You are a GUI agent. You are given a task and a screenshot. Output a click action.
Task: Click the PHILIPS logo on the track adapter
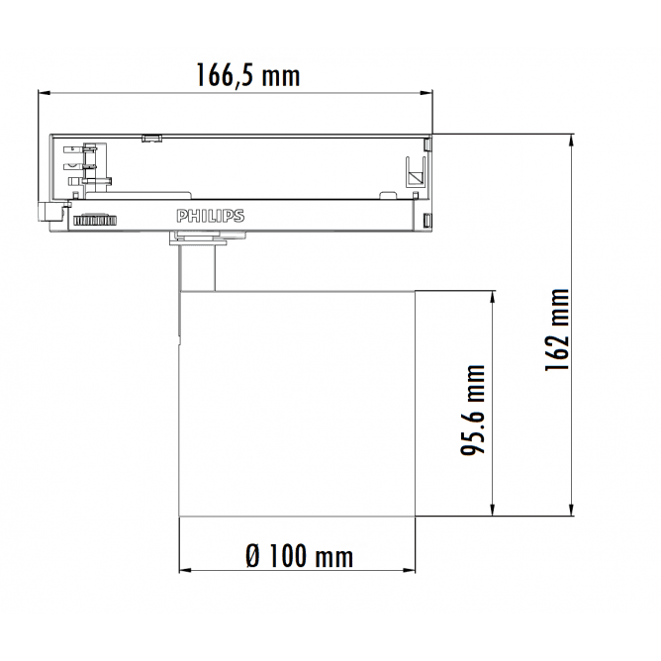coord(210,216)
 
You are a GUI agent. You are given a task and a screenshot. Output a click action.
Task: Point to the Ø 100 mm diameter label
coord(298,556)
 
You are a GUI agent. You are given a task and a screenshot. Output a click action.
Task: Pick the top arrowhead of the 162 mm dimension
coord(572,140)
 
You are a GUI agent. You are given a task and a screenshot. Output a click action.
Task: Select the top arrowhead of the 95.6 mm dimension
coord(492,296)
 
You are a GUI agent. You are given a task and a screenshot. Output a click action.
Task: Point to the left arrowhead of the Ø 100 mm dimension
coord(184,571)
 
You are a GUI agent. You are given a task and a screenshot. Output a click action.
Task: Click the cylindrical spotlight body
coord(297,406)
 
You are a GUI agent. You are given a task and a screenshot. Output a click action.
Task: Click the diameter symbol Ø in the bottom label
coord(251,556)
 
